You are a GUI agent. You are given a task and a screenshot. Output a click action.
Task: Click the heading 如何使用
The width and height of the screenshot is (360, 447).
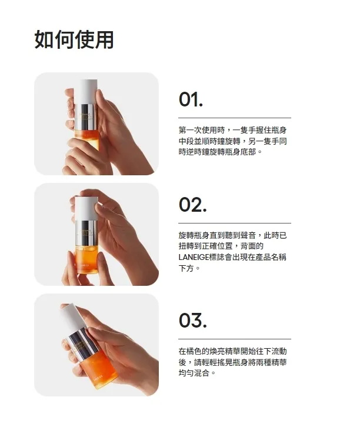[74, 39]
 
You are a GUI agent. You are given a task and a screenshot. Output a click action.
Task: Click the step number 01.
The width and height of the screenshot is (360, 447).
[191, 99]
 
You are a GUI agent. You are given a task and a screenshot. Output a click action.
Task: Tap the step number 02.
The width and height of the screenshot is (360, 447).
[193, 205]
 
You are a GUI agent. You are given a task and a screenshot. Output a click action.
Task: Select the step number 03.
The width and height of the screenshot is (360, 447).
[193, 321]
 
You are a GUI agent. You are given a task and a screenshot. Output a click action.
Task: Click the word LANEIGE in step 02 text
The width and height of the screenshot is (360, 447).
[194, 257]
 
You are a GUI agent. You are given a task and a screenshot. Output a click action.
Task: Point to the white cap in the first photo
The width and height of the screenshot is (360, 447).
[88, 92]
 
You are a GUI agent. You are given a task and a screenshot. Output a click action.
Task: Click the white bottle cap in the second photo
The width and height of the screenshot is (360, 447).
[86, 208]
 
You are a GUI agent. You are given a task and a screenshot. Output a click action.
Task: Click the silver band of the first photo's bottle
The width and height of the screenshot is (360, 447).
[85, 116]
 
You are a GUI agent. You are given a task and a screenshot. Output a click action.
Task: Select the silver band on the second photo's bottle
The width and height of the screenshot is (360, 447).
[86, 233]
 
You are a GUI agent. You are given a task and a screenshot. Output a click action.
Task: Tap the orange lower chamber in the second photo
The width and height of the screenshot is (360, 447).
[86, 259]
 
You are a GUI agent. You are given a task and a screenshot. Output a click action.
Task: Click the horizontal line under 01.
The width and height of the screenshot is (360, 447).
[235, 118]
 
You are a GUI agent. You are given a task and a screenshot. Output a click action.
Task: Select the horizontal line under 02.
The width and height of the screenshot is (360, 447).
[235, 223]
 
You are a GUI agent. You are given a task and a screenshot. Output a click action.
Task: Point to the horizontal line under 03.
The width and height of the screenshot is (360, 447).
[235, 339]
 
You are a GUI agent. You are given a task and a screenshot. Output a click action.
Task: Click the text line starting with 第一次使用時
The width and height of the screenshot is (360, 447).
[232, 131]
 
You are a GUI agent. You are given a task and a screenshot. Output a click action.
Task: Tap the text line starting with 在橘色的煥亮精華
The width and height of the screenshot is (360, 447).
[232, 351]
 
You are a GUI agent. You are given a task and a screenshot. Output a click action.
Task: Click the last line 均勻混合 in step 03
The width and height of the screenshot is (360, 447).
[197, 373]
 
